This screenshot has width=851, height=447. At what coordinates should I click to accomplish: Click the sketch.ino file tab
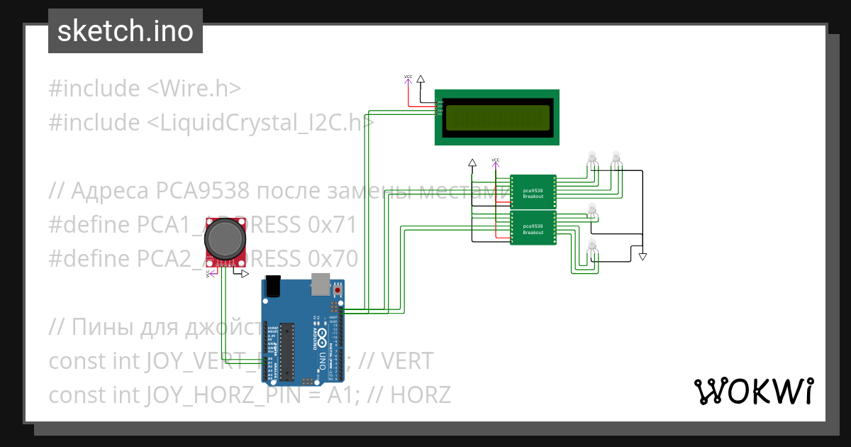point(125,31)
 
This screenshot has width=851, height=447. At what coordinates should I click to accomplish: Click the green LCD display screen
point(496,118)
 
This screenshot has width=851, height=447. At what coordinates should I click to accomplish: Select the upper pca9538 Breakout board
point(533,192)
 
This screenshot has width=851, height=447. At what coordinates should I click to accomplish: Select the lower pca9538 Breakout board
point(533,228)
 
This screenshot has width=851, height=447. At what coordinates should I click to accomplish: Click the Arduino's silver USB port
point(320,283)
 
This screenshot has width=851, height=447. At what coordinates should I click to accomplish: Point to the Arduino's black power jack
point(274,285)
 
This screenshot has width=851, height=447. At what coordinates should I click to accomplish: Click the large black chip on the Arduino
point(287,351)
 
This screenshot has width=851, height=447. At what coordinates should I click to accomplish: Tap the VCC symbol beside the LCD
point(408,79)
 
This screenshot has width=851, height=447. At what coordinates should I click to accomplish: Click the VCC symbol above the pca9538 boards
point(496,162)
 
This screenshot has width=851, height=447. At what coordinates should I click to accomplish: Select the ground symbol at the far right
point(643,256)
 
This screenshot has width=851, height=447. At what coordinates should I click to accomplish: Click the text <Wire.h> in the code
point(194,89)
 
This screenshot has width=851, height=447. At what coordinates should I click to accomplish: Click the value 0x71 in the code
point(332,225)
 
